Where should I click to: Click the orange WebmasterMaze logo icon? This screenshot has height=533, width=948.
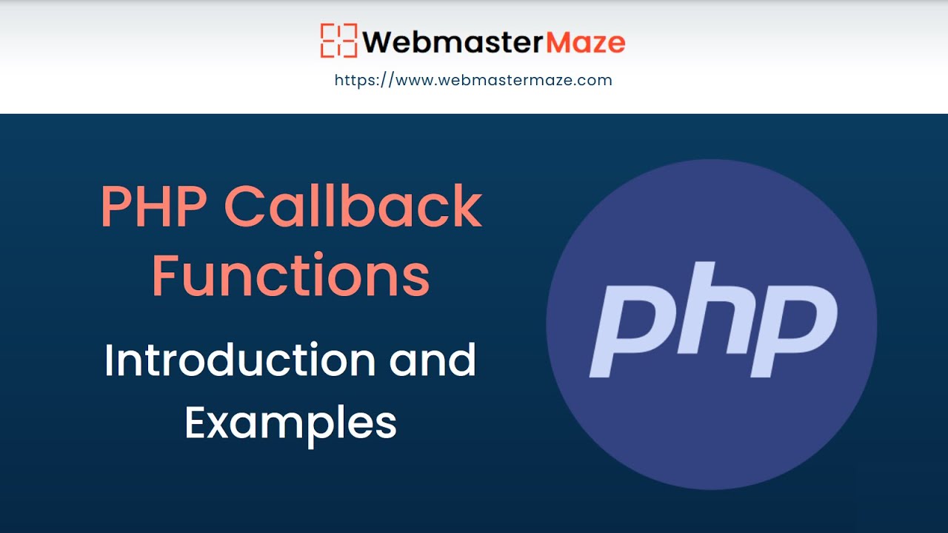tap(338, 41)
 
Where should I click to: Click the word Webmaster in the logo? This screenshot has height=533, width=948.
tap(453, 41)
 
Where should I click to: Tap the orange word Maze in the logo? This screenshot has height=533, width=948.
tap(585, 41)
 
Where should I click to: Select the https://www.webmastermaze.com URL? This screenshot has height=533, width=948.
tap(473, 80)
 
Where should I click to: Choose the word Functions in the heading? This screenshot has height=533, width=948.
tap(290, 275)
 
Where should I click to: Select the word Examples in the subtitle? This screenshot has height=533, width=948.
tap(290, 423)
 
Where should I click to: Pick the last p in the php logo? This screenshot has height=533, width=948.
tap(792, 329)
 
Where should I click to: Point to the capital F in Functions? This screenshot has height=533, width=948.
tap(166, 275)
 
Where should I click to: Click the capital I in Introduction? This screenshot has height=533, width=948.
tap(109, 361)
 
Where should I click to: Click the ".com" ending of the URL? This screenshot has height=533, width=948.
tap(596, 80)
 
